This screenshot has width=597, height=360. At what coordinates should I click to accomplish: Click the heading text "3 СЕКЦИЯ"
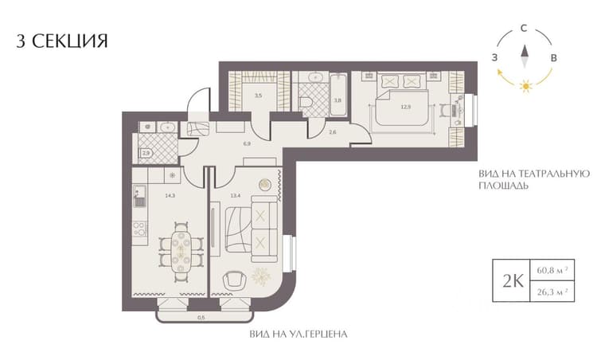pos(62,41)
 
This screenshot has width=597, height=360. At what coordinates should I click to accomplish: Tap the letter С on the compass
pos(524,28)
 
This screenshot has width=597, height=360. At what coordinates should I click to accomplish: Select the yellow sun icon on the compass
pos(526,86)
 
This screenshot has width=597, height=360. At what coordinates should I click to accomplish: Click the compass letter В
pos(554,58)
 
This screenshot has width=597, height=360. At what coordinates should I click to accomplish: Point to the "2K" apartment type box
pos(511,281)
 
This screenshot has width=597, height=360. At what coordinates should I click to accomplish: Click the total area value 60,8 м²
pos(552,270)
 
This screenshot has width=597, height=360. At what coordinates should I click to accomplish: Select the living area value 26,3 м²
pos(552,292)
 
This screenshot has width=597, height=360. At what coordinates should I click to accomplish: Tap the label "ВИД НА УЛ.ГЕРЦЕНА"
pos(298,335)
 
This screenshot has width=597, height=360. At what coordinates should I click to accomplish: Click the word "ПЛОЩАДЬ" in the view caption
pos(503,186)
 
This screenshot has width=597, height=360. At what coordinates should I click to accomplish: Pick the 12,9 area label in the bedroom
pos(406,107)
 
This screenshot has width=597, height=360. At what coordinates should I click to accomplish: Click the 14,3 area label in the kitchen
pos(170,196)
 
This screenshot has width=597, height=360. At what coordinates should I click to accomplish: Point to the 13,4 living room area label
pos(236,196)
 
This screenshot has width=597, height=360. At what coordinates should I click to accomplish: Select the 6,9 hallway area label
pos(247,144)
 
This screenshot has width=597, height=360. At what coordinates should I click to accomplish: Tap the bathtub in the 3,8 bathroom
pos(338,94)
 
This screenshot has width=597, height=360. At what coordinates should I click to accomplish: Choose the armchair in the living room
pos(234,281)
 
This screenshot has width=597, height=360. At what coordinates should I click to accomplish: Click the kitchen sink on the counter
pos(139,196)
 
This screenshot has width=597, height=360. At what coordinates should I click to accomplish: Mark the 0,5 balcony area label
pos(201,316)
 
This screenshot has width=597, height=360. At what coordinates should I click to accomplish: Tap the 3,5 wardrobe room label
pos(259,96)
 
